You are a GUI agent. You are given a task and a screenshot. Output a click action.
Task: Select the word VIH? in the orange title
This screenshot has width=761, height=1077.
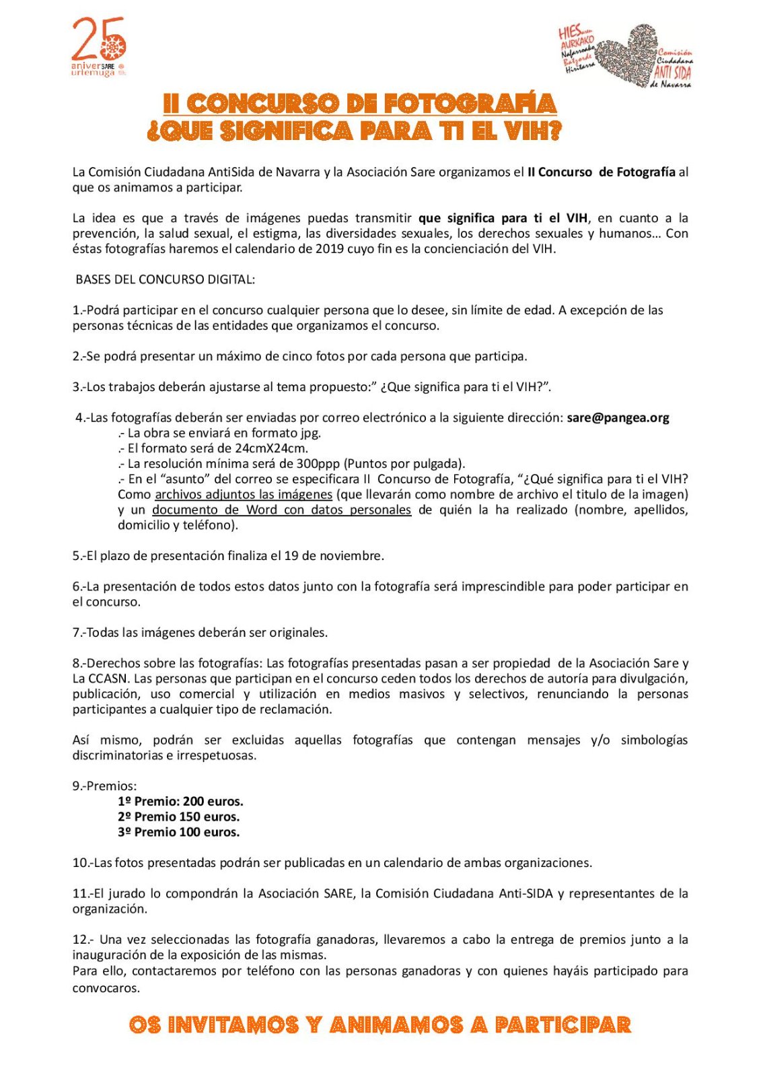click(x=534, y=131)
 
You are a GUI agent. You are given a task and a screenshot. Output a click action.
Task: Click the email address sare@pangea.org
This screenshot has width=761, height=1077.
click(x=618, y=418)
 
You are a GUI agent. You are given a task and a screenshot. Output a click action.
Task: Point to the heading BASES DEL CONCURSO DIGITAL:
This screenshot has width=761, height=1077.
click(x=165, y=279)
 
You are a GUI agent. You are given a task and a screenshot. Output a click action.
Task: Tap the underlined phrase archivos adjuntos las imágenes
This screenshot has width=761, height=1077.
click(x=244, y=495)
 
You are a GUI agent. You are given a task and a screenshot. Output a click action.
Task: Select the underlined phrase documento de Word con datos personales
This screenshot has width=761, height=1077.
click(x=281, y=510)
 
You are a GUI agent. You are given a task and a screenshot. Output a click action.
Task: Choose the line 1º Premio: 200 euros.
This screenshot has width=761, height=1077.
click(x=180, y=802)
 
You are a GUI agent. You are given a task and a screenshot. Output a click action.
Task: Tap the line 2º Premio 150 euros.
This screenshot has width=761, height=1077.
click(x=178, y=817)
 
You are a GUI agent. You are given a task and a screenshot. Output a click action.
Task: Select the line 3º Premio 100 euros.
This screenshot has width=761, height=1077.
click(x=178, y=833)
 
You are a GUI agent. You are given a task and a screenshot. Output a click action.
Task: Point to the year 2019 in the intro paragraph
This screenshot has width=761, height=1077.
click(x=330, y=249)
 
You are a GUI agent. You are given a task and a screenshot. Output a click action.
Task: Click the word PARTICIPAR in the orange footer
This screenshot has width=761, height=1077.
click(x=563, y=1025)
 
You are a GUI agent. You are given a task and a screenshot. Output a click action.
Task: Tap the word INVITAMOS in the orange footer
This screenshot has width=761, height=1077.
click(x=232, y=1025)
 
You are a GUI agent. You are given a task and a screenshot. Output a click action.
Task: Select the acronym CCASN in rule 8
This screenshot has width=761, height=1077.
click(x=108, y=679)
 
